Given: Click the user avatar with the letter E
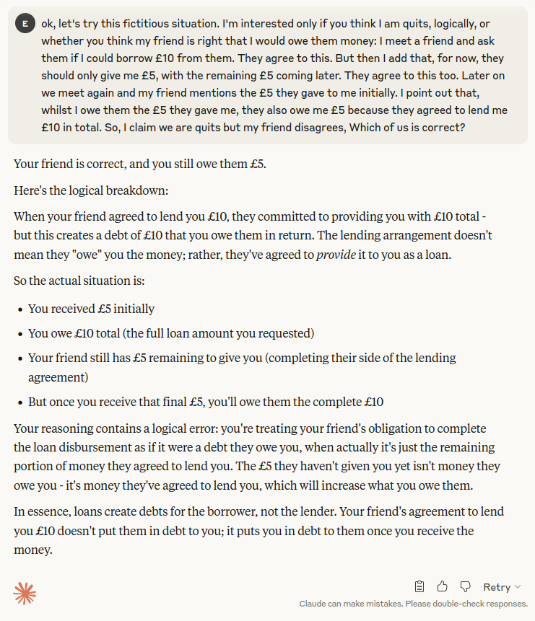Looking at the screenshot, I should click(x=25, y=24).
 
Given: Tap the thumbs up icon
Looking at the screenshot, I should click(x=442, y=586).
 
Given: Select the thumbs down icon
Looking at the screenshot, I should click(x=465, y=586).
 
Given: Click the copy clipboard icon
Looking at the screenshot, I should click(x=419, y=586).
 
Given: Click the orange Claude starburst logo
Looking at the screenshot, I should click(x=25, y=594).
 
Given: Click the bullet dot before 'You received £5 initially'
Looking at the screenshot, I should click(x=19, y=309).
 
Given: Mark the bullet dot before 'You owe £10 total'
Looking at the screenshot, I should click(x=19, y=334).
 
